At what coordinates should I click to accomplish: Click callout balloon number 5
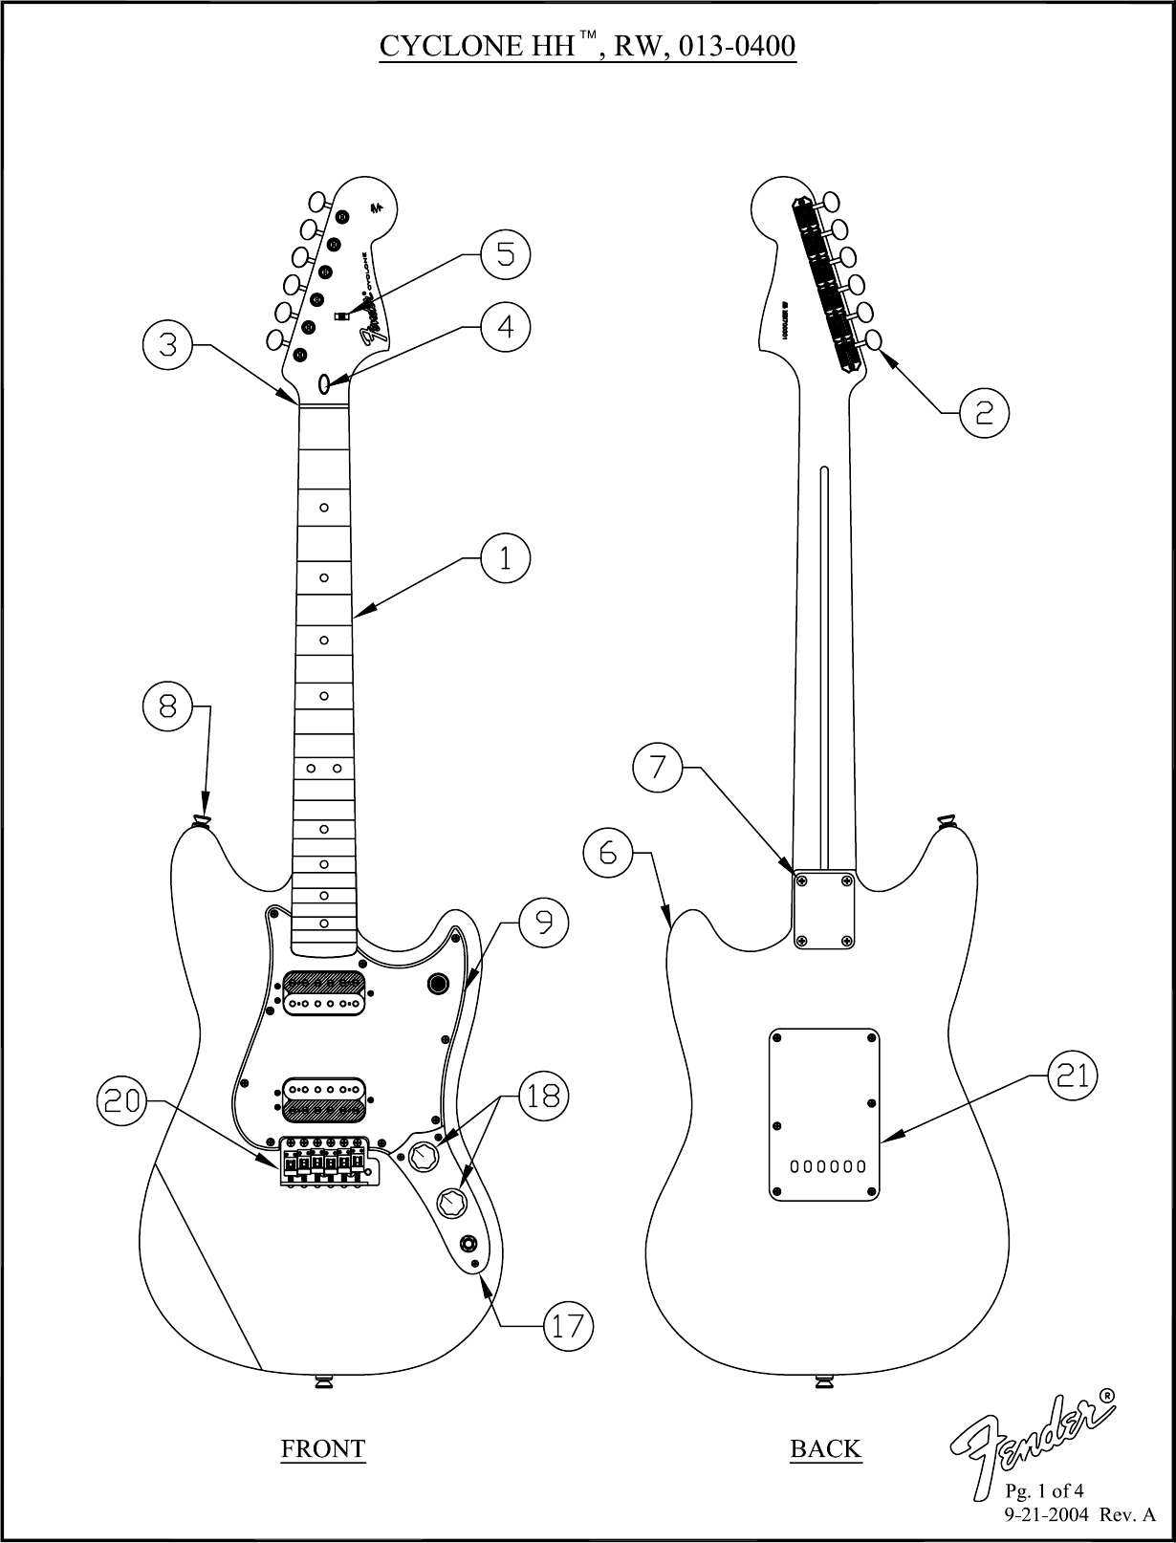505,254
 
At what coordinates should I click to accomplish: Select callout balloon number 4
505,327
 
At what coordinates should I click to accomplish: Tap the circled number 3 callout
167,345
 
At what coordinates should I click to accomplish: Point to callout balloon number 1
505,557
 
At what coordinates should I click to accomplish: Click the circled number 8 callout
167,706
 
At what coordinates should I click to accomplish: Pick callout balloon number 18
543,1096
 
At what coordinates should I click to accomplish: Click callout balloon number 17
568,1326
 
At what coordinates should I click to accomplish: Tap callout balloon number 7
659,768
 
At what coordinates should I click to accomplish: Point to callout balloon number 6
608,853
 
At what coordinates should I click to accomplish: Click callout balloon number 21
1073,1076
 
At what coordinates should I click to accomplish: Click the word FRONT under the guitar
322,1449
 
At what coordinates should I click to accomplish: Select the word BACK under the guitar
825,1449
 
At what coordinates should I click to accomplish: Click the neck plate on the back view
823,910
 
